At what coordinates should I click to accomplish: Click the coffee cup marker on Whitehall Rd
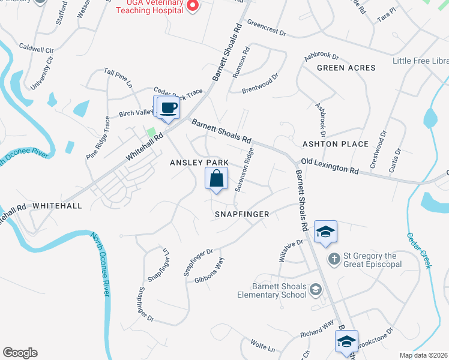click(167, 107)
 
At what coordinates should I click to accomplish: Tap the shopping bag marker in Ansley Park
click(217, 179)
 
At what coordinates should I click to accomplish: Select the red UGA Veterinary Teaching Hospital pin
click(192, 6)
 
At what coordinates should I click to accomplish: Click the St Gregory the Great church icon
click(334, 259)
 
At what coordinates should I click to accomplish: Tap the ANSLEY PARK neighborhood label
click(199, 163)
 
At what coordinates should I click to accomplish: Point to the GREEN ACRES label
click(346, 68)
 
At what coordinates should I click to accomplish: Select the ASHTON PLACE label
click(335, 144)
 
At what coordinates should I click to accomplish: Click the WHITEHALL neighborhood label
click(56, 205)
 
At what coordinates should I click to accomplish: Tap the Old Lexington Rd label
click(330, 166)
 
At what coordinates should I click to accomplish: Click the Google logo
click(20, 352)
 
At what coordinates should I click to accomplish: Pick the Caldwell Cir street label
click(37, 46)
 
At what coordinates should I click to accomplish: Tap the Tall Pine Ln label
click(118, 79)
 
